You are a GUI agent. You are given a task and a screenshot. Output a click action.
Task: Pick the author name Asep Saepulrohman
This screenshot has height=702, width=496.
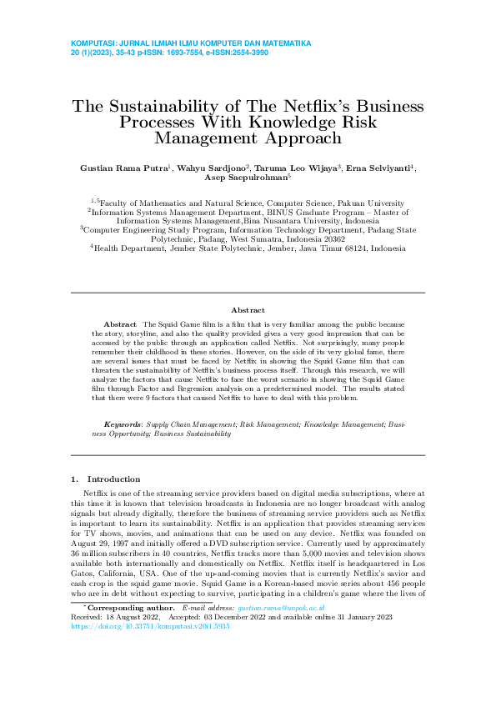coord(245,178)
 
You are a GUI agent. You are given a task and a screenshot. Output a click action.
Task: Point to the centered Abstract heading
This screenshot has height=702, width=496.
coord(248,308)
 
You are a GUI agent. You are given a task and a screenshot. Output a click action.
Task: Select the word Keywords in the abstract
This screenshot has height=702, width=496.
coord(122,424)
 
